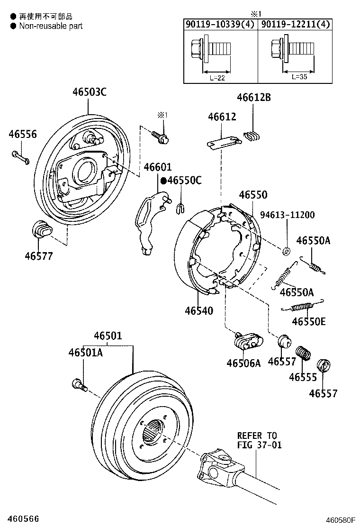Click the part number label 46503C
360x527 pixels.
click(x=89, y=92)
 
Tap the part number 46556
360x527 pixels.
click(x=22, y=135)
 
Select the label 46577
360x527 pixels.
click(x=39, y=256)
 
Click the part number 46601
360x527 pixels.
click(x=158, y=167)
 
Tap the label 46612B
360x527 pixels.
click(x=254, y=98)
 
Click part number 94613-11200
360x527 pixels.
click(x=289, y=215)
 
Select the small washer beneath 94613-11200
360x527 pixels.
click(x=286, y=250)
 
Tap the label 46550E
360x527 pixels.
click(x=308, y=321)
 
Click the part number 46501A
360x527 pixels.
click(x=85, y=353)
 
